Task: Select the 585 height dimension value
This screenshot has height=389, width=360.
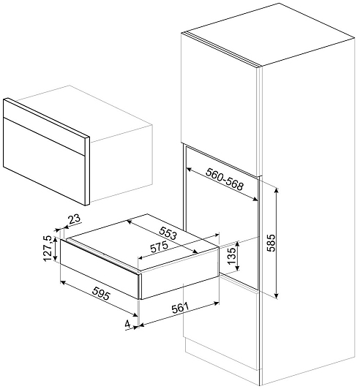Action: tap(272, 243)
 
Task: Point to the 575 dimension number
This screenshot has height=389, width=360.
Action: tap(159, 247)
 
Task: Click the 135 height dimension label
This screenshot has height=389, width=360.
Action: tap(231, 255)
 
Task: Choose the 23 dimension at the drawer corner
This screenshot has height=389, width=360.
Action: tap(75, 219)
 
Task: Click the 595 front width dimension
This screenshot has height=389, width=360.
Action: tap(100, 293)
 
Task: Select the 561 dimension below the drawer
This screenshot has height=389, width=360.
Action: tap(180, 308)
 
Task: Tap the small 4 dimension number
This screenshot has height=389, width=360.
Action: tap(128, 324)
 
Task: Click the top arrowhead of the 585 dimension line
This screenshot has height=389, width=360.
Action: tap(277, 190)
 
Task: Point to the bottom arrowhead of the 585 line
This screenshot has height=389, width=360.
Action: tap(277, 295)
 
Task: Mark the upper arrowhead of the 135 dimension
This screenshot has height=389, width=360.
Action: tap(238, 244)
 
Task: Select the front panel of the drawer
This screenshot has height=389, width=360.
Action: tap(100, 268)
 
